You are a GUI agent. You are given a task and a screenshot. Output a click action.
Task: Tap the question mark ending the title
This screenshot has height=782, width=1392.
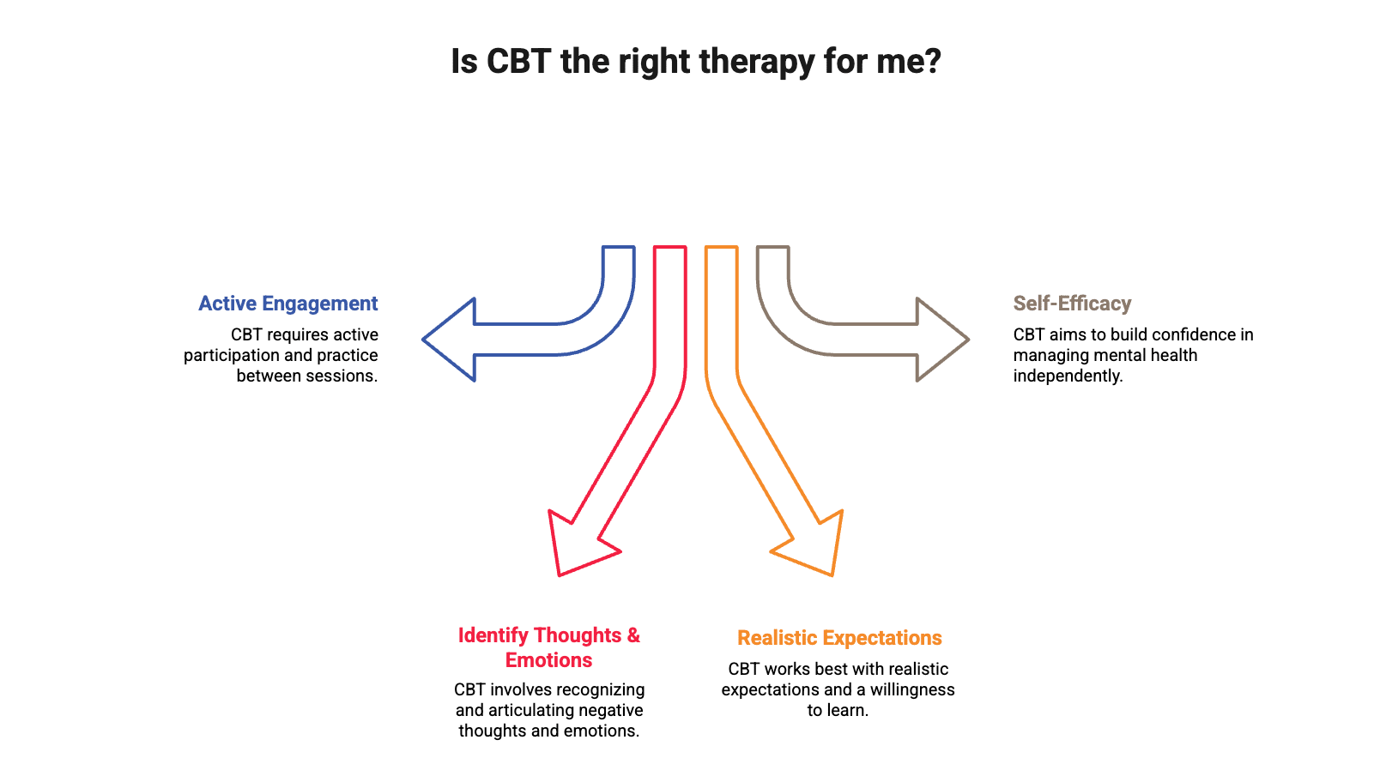click(x=933, y=62)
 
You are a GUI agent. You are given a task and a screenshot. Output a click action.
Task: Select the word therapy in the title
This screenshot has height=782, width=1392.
click(x=756, y=62)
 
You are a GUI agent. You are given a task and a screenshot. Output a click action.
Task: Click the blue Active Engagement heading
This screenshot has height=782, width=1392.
click(x=288, y=304)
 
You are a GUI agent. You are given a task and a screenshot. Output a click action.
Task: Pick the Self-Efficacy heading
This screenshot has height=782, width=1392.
click(x=1072, y=304)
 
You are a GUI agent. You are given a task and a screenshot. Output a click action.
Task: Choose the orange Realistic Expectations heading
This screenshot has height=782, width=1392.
click(x=839, y=638)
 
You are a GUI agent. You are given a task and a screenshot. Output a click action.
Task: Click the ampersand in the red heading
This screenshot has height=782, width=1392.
click(x=633, y=635)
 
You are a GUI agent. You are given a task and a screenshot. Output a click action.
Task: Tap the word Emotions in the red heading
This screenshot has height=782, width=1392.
click(x=549, y=660)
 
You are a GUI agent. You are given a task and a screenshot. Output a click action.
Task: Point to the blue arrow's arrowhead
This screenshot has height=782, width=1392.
click(x=451, y=340)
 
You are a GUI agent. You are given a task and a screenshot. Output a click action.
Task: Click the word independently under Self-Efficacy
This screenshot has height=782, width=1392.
click(x=1068, y=376)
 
